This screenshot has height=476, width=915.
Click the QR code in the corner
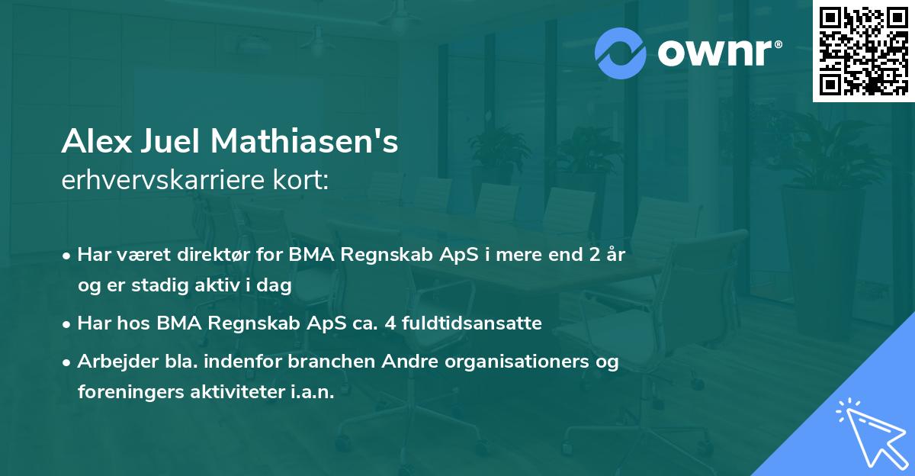(x=864, y=51)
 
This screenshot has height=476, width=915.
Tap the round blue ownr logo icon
(x=620, y=53)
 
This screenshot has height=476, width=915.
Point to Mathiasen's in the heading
(x=303, y=142)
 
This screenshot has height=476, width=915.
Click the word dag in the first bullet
(x=278, y=285)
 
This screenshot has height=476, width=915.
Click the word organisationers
(x=487, y=362)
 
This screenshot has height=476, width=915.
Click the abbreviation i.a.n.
(x=313, y=392)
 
